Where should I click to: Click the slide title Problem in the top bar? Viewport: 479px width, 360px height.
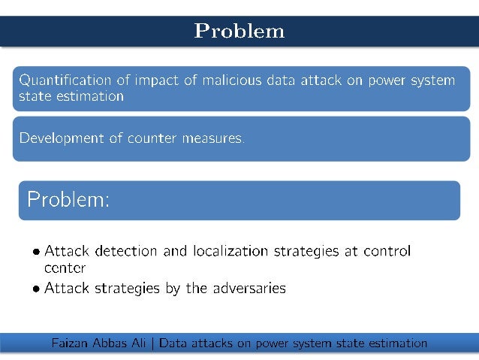point(239,31)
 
